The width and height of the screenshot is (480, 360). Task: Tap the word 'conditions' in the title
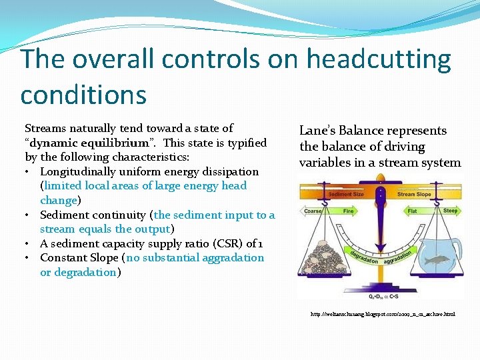[83, 94]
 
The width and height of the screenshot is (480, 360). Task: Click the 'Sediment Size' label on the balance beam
[346, 195]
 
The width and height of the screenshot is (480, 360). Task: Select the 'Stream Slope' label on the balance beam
[415, 195]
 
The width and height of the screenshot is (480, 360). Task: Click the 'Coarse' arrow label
[313, 211]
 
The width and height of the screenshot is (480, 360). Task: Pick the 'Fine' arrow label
[348, 211]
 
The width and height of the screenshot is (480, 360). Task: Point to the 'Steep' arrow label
[450, 211]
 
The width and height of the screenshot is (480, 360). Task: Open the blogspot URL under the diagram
[383, 313]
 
